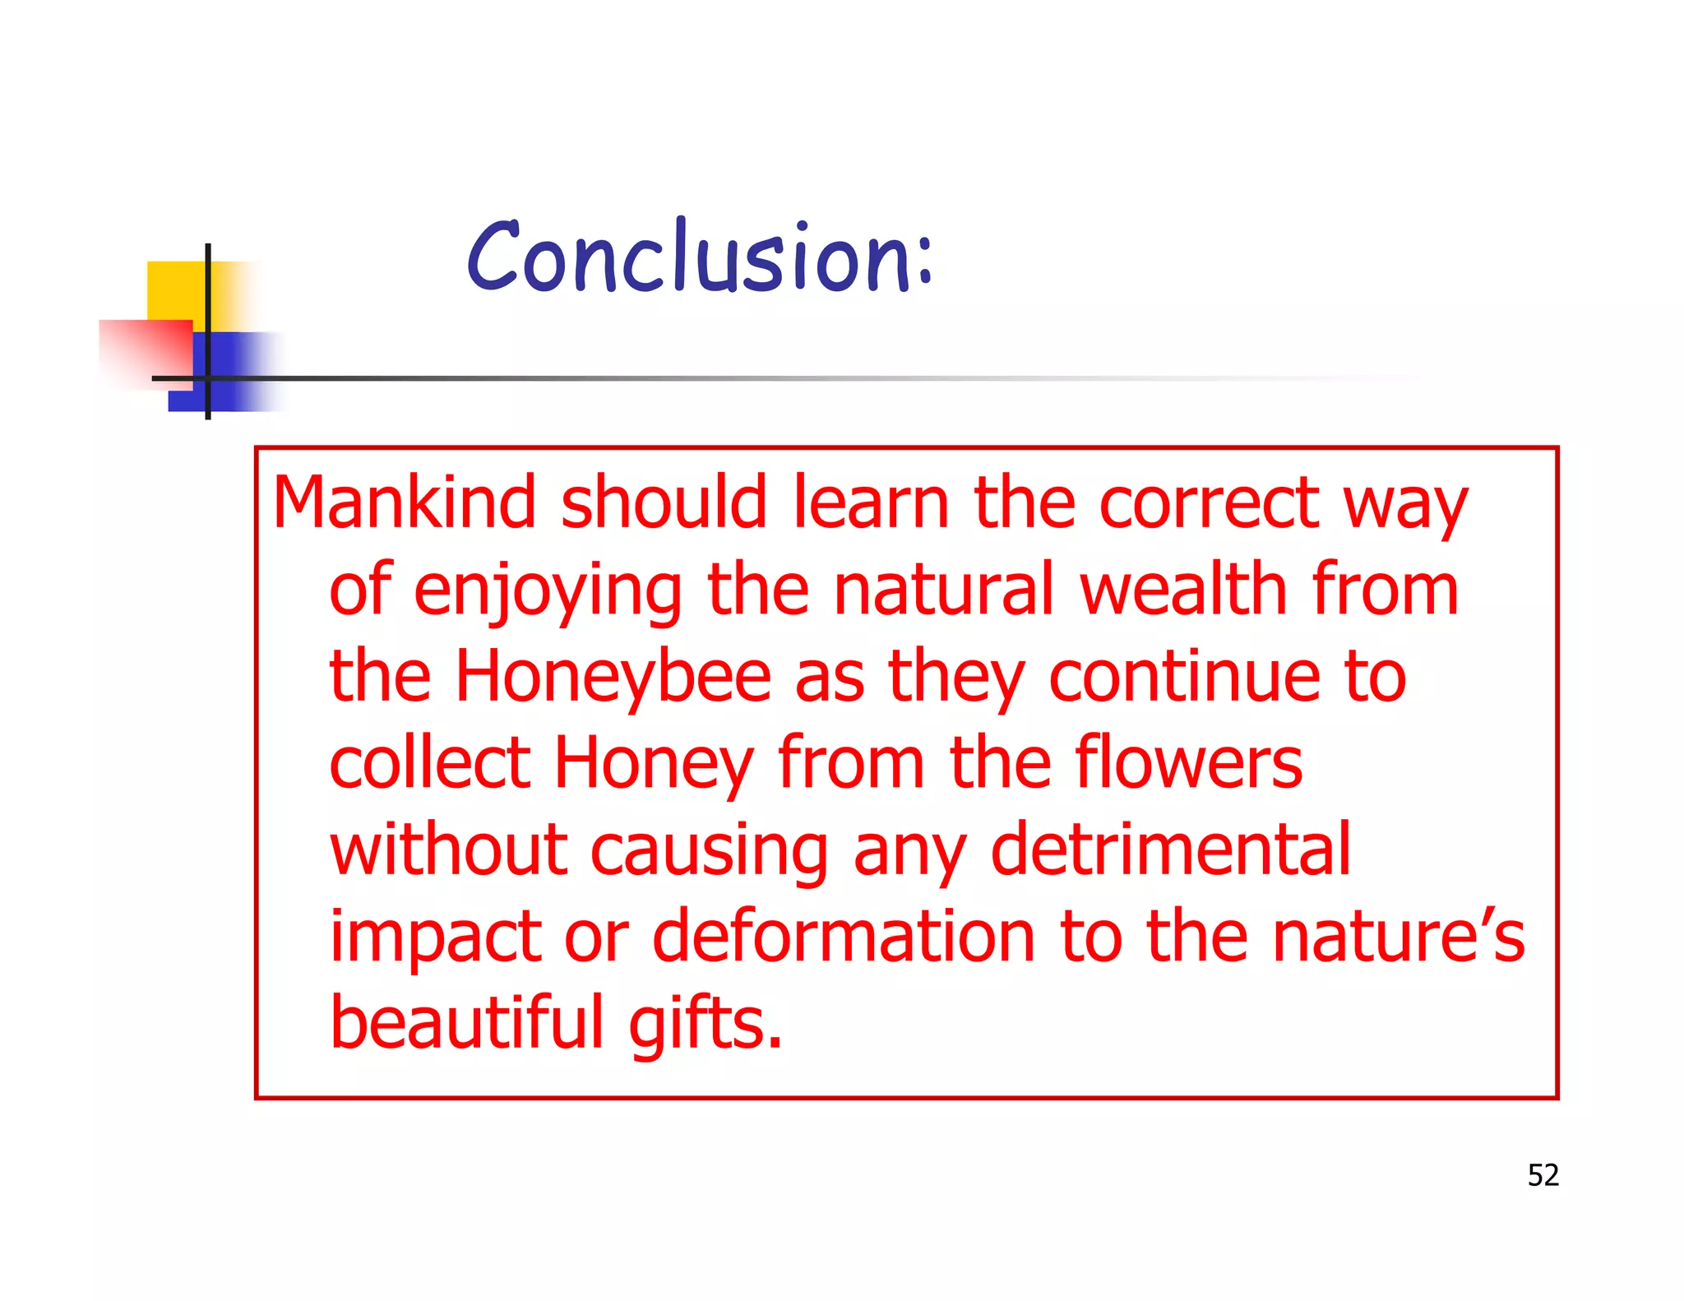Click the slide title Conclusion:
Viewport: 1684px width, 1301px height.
(700, 257)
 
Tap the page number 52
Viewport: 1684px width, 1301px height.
(1543, 1175)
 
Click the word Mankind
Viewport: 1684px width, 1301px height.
(404, 502)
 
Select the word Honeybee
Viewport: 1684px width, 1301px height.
(613, 677)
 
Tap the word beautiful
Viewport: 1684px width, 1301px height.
(467, 1022)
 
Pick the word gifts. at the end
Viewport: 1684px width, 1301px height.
(706, 1024)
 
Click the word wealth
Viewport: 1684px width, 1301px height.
(1182, 590)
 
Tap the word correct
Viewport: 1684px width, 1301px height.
(1209, 504)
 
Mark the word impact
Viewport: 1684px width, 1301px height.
(435, 938)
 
